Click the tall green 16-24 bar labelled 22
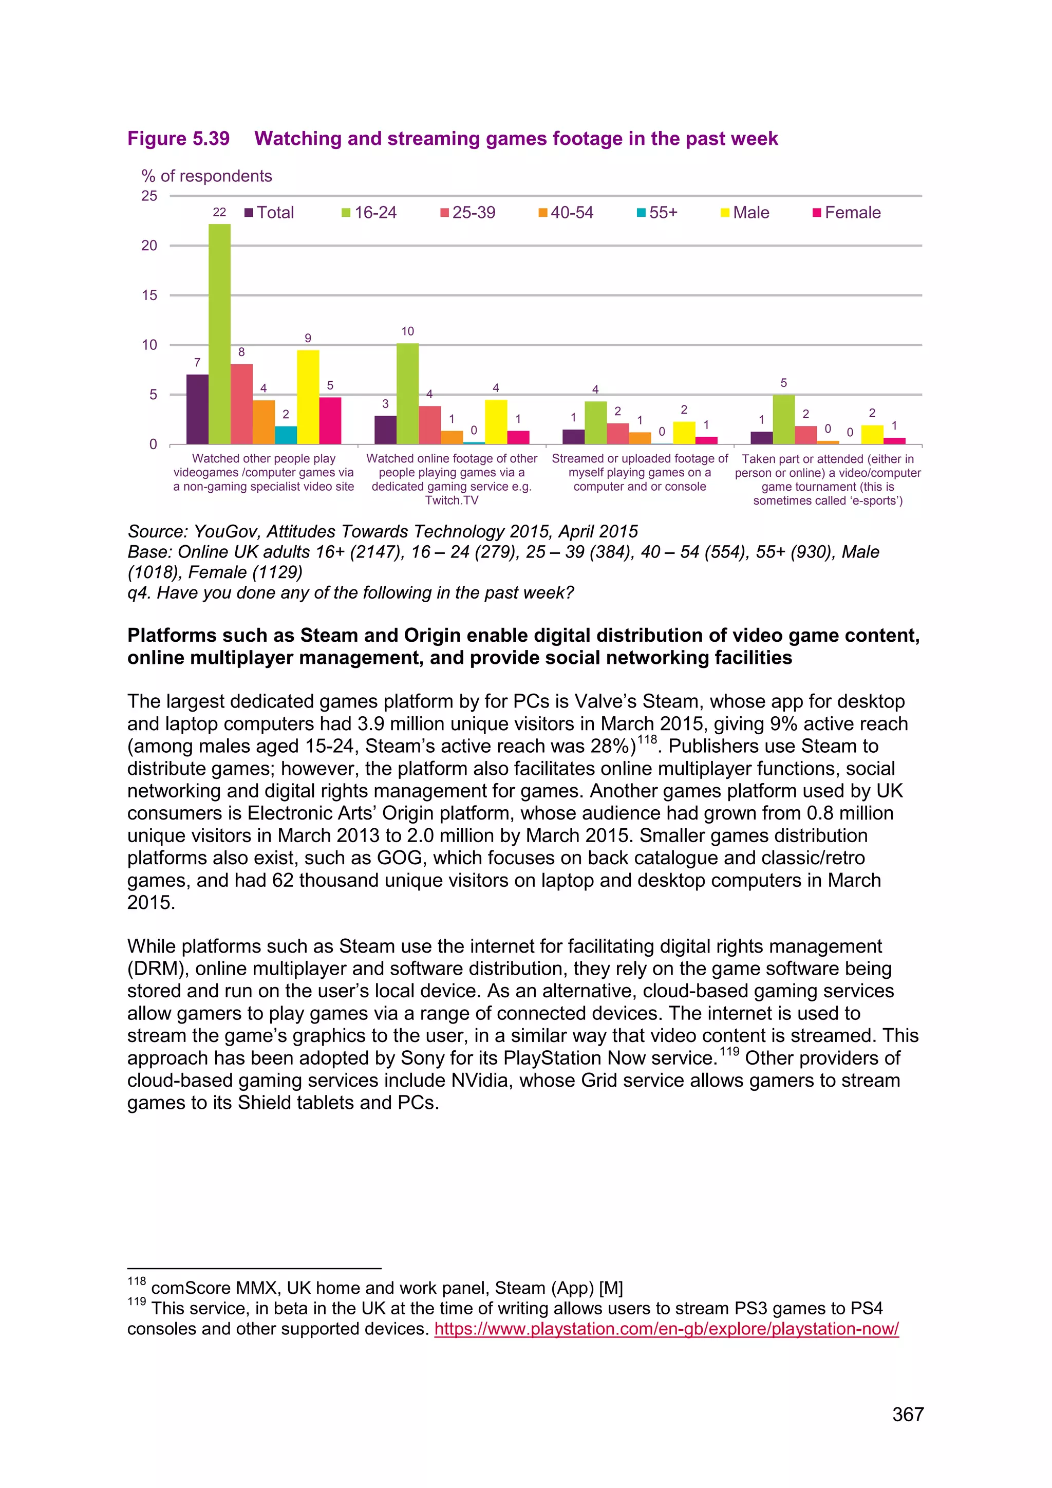click(x=219, y=334)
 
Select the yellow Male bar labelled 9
click(x=308, y=397)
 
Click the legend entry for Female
click(x=847, y=213)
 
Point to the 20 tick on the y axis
click(x=149, y=246)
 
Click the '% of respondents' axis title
click(x=206, y=176)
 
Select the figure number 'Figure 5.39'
click(x=178, y=139)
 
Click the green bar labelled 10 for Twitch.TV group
click(x=407, y=394)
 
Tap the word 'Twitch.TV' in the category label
click(x=452, y=500)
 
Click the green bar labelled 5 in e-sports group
click(x=783, y=419)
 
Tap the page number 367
click(x=908, y=1414)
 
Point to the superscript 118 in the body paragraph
click(x=647, y=739)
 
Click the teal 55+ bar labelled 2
click(x=286, y=435)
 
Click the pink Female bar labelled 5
click(x=330, y=421)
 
